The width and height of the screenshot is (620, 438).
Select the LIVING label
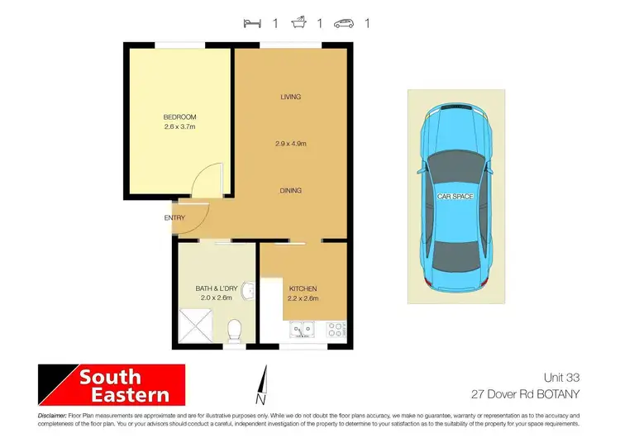(x=290, y=97)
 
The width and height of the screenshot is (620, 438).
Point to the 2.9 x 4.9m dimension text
(x=290, y=144)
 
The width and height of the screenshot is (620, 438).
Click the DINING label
(x=290, y=190)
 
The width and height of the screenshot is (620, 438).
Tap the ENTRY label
(x=174, y=218)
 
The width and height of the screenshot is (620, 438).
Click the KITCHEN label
(x=303, y=288)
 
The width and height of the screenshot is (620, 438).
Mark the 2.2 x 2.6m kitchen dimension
(x=303, y=298)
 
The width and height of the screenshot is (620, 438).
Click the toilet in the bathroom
(x=234, y=330)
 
